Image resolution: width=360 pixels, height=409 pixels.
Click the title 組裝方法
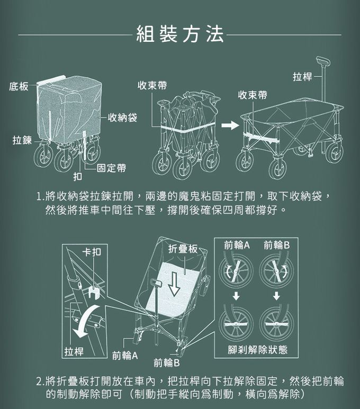(x=180, y=34)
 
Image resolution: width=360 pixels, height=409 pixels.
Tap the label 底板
(x=19, y=86)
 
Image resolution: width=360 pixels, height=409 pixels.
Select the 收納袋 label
(x=122, y=117)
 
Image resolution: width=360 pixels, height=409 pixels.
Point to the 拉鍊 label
(x=22, y=140)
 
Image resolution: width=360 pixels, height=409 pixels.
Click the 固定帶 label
(x=111, y=168)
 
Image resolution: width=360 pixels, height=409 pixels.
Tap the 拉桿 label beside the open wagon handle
(x=302, y=77)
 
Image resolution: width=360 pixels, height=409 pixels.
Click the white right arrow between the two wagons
(x=229, y=126)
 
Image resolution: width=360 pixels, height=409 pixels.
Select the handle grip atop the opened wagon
(x=323, y=60)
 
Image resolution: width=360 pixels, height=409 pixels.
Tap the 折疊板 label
(x=183, y=248)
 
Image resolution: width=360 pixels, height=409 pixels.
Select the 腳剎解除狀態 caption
(x=258, y=349)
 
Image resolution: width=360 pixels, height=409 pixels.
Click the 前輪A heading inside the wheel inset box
(x=237, y=245)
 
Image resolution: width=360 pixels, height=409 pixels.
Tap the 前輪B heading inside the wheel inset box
(x=276, y=245)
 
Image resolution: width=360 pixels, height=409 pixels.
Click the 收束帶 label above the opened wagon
(x=252, y=95)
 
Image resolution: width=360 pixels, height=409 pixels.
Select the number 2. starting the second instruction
(x=40, y=381)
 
